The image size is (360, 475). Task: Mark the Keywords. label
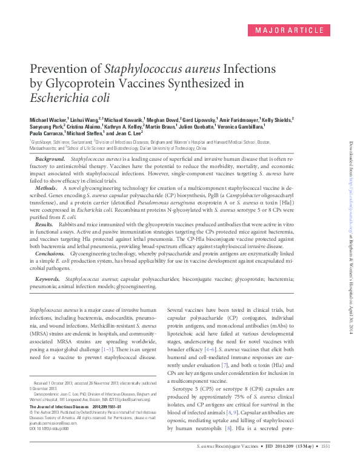pyautogui.click(x=47, y=279)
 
